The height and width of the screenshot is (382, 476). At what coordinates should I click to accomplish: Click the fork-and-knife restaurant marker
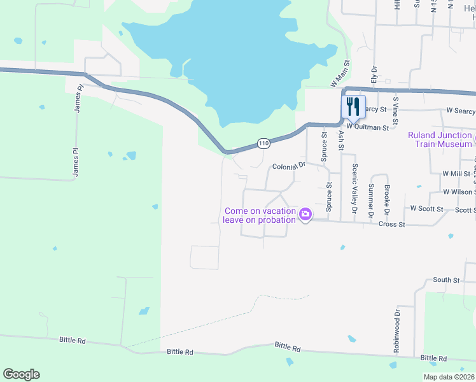coord(353,106)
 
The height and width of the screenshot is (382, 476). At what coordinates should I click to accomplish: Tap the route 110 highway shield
coord(263,144)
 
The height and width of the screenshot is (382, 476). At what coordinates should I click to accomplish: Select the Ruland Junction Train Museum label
coord(441,139)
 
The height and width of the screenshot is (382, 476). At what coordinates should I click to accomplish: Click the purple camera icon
coord(305,214)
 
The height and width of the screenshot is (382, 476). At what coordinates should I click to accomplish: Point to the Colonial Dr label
coord(290,166)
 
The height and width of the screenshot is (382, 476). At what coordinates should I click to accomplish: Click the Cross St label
coord(391,224)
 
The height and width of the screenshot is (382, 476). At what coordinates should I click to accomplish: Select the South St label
coord(446,279)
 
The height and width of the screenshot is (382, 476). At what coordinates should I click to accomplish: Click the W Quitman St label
coord(367,127)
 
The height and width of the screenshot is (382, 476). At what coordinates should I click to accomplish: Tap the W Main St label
coord(341,74)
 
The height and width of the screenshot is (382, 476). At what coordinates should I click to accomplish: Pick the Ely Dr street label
coord(374,76)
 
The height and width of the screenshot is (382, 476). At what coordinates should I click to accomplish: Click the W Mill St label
coord(457,173)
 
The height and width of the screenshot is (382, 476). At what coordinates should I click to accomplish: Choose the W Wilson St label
coord(459,192)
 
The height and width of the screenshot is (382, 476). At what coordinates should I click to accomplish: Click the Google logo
coord(21,374)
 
